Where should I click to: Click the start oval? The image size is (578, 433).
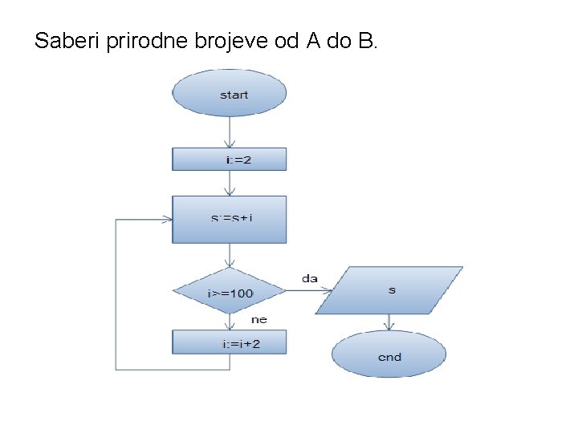coord(230,95)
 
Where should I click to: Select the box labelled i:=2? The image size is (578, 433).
coord(230,159)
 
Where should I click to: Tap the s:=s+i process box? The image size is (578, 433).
coord(230,219)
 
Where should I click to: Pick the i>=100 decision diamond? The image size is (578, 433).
coord(230,292)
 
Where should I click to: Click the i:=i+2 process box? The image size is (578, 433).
coord(230,343)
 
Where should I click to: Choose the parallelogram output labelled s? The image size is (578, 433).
coord(389,289)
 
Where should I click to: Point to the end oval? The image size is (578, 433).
coord(389,355)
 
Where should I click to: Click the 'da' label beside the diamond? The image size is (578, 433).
coord(309,278)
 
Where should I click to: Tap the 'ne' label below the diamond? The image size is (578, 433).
coord(259,319)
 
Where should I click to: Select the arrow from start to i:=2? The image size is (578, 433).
coord(230,132)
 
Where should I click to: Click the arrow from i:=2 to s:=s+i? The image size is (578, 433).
coord(230,183)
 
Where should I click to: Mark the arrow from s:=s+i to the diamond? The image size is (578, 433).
coord(230,255)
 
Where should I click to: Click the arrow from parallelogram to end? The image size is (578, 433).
coord(389,322)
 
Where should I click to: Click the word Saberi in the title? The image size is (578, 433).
coord(67,40)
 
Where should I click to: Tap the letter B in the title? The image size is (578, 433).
coord(365,40)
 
